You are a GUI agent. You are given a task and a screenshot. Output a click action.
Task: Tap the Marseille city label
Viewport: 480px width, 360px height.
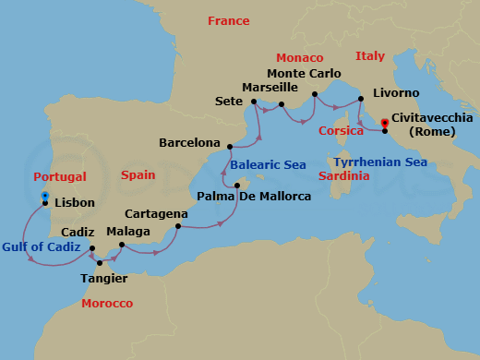[x=269, y=87]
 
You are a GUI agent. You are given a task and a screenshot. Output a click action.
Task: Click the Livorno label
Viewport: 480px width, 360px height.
[x=396, y=93]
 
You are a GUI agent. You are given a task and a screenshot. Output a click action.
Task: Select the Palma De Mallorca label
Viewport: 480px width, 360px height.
[x=255, y=197]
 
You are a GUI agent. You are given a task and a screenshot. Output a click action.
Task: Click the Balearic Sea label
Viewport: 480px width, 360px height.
[x=267, y=166]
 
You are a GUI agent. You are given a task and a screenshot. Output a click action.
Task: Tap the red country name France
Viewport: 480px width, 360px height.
[x=228, y=20]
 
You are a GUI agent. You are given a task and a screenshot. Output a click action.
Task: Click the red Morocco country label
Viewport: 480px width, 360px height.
[x=107, y=304]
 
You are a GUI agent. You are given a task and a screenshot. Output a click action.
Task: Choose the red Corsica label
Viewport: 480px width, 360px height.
[x=341, y=131]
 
